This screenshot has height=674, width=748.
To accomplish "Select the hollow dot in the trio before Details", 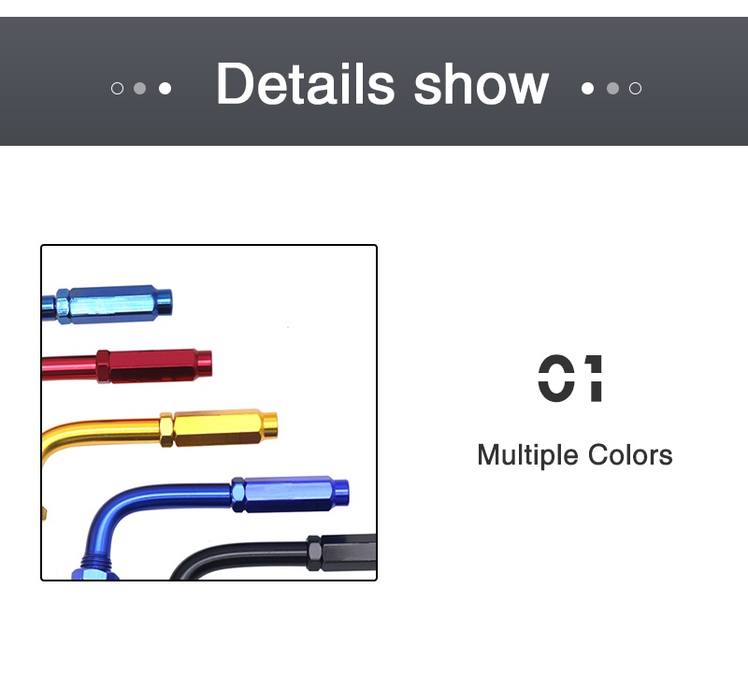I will (117, 89).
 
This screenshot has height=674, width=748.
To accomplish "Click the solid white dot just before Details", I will (165, 89).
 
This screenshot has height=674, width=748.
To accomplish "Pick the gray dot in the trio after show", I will (612, 89).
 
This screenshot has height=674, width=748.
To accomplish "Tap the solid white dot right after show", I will (587, 89).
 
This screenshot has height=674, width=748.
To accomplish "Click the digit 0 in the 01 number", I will (555, 379).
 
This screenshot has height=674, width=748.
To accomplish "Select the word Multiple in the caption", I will (528, 455).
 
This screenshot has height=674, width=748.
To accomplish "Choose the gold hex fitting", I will (220, 427).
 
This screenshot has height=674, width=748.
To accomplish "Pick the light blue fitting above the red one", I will (112, 303).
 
